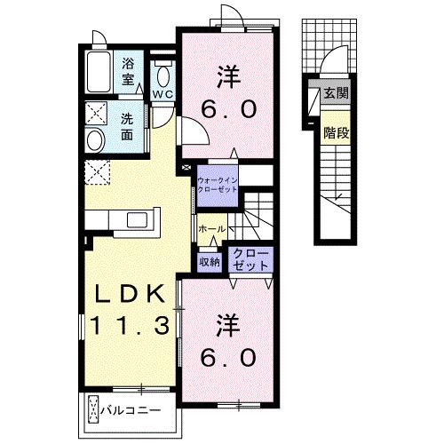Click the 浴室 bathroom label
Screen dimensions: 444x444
(128, 71)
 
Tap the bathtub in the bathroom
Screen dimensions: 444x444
(99, 72)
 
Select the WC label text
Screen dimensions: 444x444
(163, 94)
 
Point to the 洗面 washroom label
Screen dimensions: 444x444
(127, 127)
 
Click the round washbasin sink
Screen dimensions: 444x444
(96, 140)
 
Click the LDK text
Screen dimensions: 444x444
(129, 293)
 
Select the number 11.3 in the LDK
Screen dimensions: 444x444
(130, 325)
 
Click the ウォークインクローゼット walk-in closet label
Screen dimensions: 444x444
(218, 185)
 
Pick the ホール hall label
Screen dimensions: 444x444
(212, 228)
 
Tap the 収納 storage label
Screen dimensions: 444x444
(209, 262)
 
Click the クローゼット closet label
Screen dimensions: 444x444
(250, 260)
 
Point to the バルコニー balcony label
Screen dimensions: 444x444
(131, 410)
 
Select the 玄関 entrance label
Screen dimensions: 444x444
(336, 93)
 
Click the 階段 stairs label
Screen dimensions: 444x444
(336, 132)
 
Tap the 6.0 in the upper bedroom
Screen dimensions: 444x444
(228, 109)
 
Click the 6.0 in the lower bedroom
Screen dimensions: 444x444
(228, 358)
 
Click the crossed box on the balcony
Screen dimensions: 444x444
(93, 410)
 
